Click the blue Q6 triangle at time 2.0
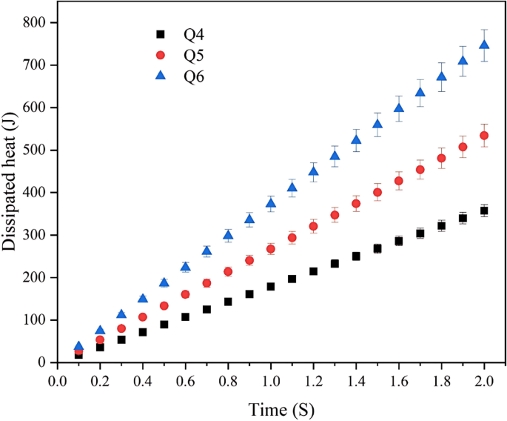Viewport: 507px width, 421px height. pyautogui.click(x=484, y=45)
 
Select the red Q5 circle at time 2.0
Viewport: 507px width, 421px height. pyautogui.click(x=484, y=136)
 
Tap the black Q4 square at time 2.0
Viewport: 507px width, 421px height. pyautogui.click(x=484, y=210)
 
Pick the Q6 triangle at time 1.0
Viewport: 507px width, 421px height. pyautogui.click(x=271, y=203)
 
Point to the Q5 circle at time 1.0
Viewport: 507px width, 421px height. pyautogui.click(x=271, y=249)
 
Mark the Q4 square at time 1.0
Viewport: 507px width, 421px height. pyautogui.click(x=271, y=286)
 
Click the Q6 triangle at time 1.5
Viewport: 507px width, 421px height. pyautogui.click(x=377, y=124)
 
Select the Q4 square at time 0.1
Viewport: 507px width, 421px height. pyautogui.click(x=78, y=355)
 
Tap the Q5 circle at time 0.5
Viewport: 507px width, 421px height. pyautogui.click(x=164, y=305)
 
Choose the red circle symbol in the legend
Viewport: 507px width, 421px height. pyautogui.click(x=158, y=55)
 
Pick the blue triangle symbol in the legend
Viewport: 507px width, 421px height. pyautogui.click(x=158, y=76)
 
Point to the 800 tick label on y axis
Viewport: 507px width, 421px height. pyautogui.click(x=34, y=23)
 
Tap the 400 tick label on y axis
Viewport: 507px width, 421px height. pyautogui.click(x=34, y=193)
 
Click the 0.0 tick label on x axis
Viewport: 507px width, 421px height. pyautogui.click(x=58, y=380)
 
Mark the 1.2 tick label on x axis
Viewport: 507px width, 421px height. pyautogui.click(x=314, y=380)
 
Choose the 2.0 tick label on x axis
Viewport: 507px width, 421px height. pyautogui.click(x=484, y=380)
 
